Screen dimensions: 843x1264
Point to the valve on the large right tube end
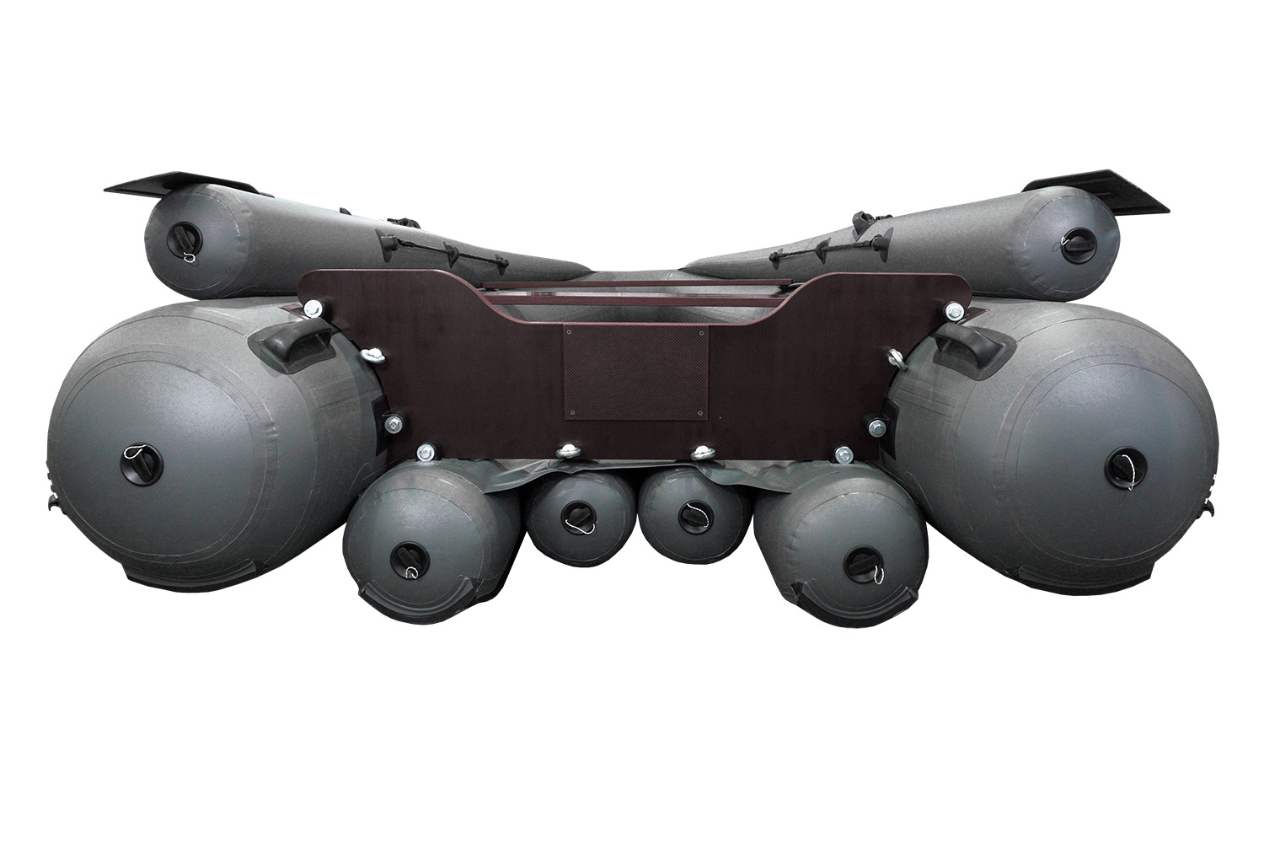[1123, 464]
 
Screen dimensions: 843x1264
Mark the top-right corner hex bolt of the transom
[956, 311]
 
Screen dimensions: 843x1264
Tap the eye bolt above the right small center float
[700, 453]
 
